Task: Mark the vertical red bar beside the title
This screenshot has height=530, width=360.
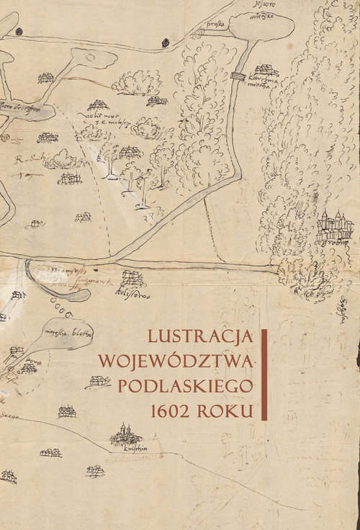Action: pyautogui.click(x=266, y=374)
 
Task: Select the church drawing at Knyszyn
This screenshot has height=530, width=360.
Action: pyautogui.click(x=125, y=434)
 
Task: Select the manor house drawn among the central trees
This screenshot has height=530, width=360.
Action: pyautogui.click(x=130, y=152)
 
